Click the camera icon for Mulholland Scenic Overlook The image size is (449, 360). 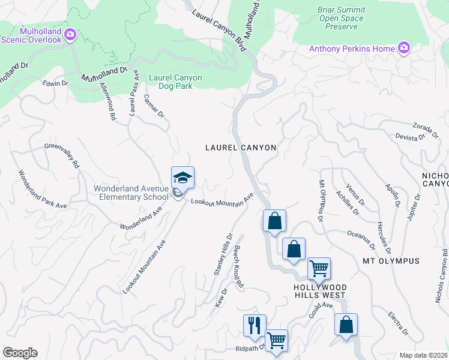coord(70,34)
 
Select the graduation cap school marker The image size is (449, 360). coord(182,178)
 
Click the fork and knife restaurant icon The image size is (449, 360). coord(255,325)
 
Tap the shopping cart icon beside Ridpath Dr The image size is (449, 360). coord(276,341)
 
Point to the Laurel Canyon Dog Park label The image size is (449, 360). coord(175,82)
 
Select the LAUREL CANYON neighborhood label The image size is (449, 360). coord(240,147)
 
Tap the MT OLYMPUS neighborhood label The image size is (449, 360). coord(391,261)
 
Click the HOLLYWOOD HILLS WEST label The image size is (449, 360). coord(319,290)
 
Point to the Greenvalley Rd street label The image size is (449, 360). coord(62,155)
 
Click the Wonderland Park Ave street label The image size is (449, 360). coord(42,189)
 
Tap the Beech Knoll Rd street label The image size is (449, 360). coord(238,268)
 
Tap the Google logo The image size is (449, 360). coord(20,353)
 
